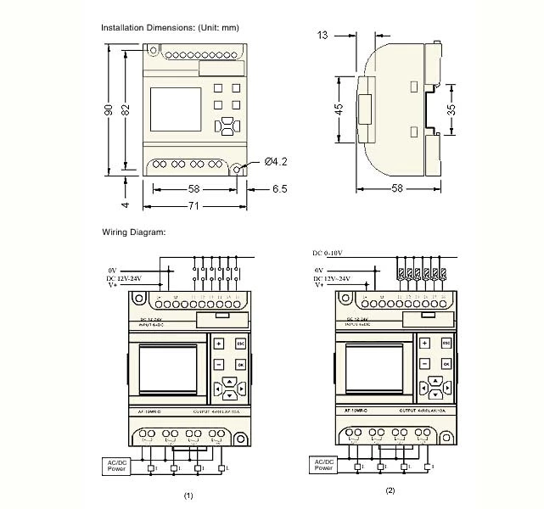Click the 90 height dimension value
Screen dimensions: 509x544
(109, 111)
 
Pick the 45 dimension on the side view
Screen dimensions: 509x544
(339, 109)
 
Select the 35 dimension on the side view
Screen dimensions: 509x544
(452, 109)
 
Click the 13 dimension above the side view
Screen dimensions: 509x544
(322, 35)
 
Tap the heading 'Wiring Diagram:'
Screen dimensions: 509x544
(134, 232)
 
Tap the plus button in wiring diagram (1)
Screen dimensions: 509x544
(218, 344)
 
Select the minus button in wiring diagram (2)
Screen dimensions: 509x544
(422, 363)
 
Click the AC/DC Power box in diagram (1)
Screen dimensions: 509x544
(116, 464)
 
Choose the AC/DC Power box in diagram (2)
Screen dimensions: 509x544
(323, 464)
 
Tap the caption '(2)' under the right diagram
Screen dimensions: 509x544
(390, 490)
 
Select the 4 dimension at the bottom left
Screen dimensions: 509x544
(124, 204)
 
